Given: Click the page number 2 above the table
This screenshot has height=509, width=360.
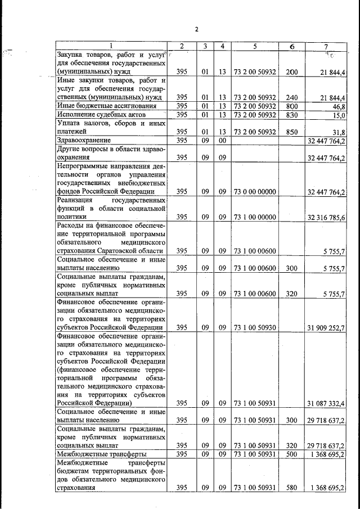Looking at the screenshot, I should tap(197, 29).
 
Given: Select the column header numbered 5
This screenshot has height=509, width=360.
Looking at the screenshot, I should tap(255, 46).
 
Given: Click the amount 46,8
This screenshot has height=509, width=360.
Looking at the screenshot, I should tap(339, 106).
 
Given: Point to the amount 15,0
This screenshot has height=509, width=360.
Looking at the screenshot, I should tap(339, 114).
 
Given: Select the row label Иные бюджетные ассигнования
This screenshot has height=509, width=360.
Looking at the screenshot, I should tap(102, 106).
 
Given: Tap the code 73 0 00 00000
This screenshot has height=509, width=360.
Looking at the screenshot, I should tap(255, 192).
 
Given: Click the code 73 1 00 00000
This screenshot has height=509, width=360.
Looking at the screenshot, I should tap(255, 217).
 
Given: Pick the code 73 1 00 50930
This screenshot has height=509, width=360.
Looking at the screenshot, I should tap(255, 327).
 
